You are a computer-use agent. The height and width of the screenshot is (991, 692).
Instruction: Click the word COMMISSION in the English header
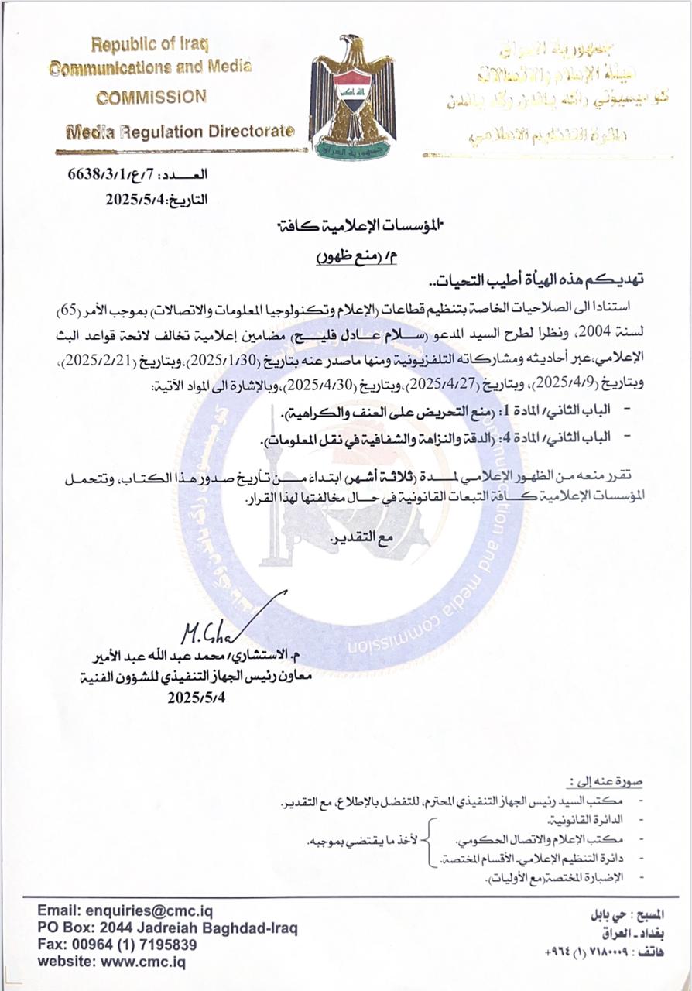click(151, 98)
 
